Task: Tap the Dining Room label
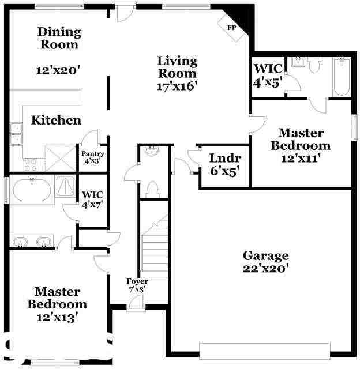(59, 37)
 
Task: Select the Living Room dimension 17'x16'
(177, 86)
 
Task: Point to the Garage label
(265, 255)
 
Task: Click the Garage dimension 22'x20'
(265, 268)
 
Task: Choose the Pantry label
(92, 153)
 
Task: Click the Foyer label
(137, 281)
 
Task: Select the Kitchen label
(56, 121)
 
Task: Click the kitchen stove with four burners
(30, 163)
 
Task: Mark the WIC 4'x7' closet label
(92, 199)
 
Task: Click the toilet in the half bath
(153, 189)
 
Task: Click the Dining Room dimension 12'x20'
(58, 70)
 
